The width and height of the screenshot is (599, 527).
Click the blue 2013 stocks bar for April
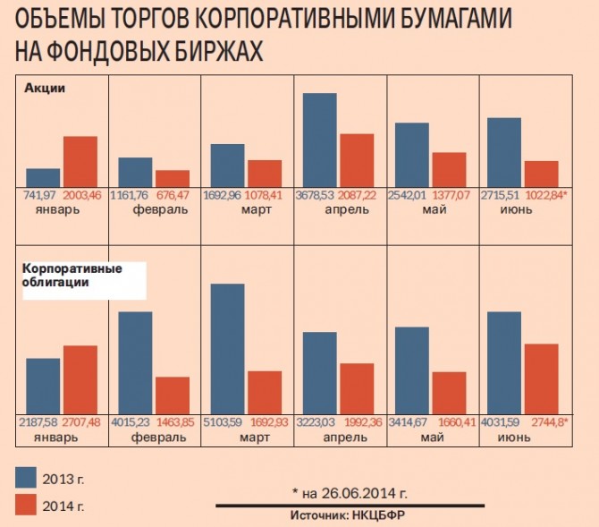click(320, 140)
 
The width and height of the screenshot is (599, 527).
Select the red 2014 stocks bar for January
click(80, 161)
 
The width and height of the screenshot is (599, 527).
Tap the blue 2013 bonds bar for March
click(227, 350)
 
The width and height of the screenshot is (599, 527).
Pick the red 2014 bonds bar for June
click(541, 379)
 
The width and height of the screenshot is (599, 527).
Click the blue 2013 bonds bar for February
click(135, 363)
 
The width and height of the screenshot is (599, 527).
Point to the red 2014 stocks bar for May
click(449, 169)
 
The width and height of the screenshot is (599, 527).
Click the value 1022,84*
click(544, 194)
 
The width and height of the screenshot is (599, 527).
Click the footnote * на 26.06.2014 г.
click(350, 492)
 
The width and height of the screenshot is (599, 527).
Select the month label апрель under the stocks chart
click(341, 209)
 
